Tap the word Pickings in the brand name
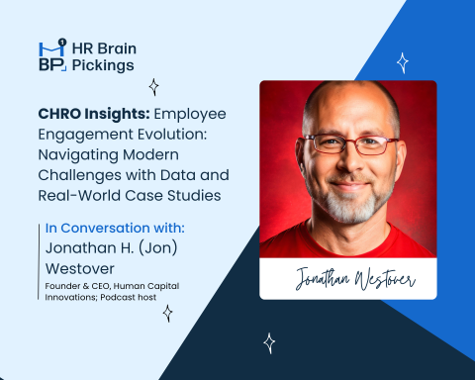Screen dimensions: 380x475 (x=107, y=66)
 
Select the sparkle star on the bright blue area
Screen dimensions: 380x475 (x=403, y=63)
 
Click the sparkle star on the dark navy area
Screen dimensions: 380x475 (x=269, y=342)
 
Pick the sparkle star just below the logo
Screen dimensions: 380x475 (x=154, y=87)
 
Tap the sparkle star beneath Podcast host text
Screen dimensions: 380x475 (x=167, y=313)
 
